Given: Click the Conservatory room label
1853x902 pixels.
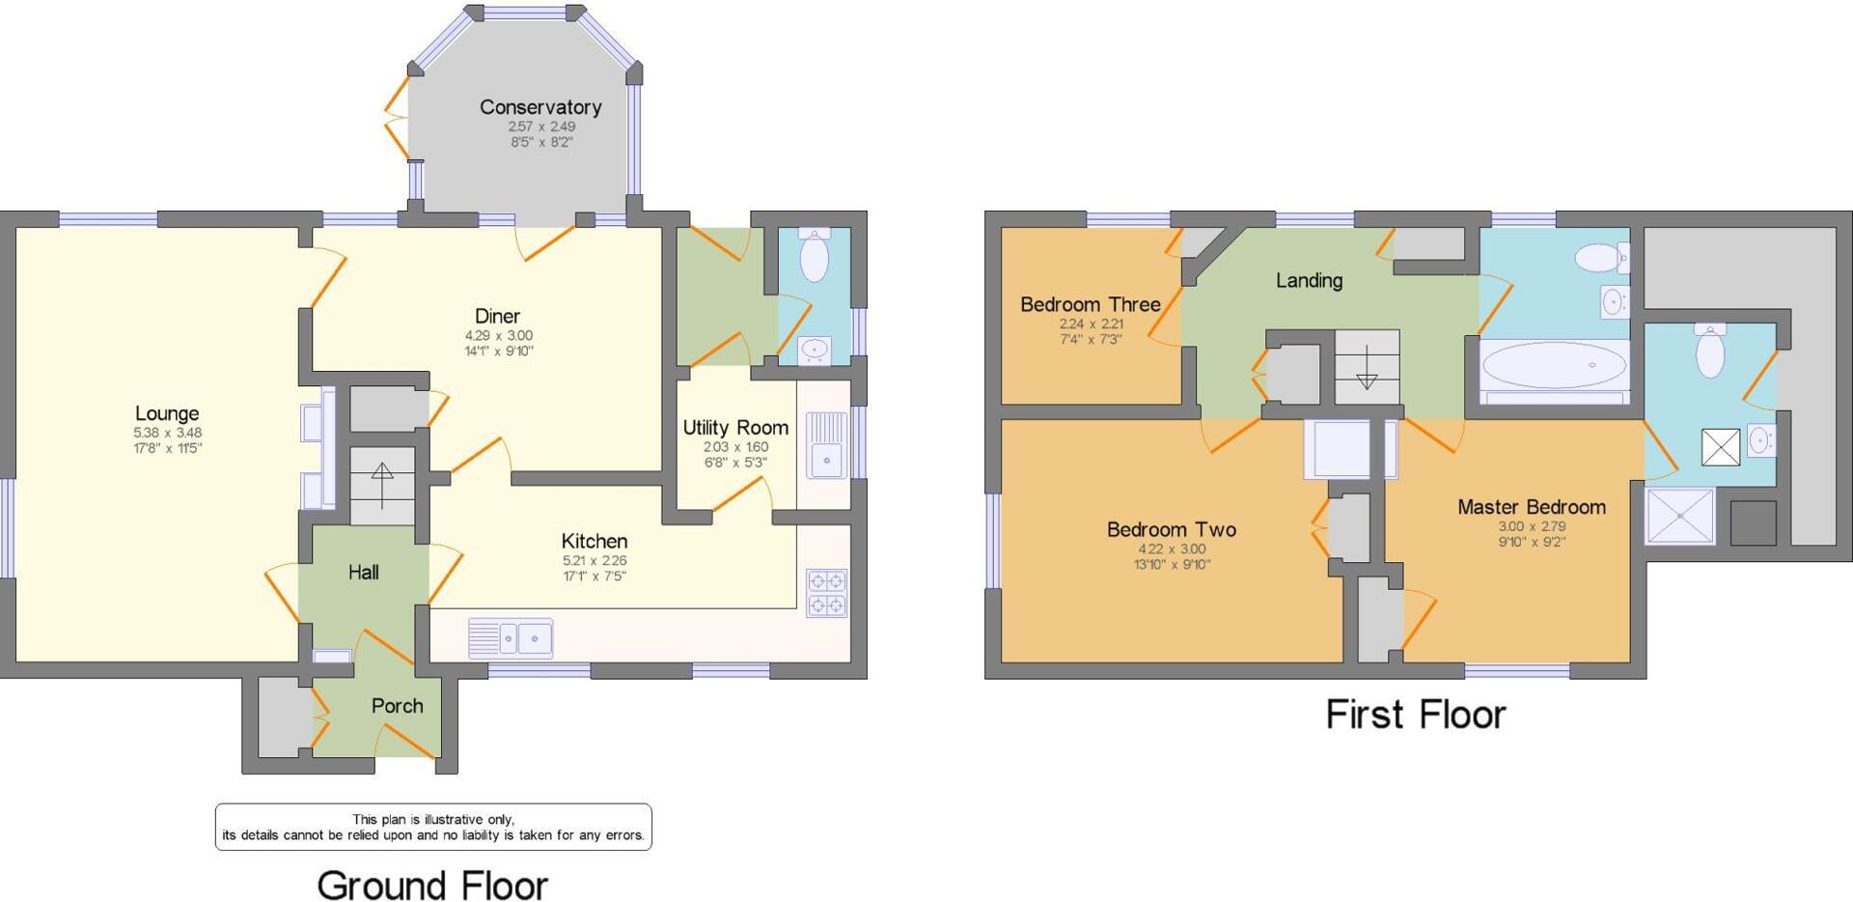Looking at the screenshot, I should point(540,107).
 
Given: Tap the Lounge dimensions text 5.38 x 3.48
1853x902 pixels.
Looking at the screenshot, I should point(168,433).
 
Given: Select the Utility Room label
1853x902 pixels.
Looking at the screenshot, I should point(735,427).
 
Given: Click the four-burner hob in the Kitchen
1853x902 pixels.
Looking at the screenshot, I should point(827,593).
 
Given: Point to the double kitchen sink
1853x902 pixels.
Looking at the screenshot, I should point(511,638).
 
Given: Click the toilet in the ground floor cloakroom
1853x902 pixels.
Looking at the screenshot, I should point(815,254).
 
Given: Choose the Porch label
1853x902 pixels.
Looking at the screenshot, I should point(397,706).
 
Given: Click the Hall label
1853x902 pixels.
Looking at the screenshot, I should point(363,573).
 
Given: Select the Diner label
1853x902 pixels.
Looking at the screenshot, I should point(497,316).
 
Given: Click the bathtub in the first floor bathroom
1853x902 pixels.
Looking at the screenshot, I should point(1553,366).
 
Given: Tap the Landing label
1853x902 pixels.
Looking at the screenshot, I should point(1309,280).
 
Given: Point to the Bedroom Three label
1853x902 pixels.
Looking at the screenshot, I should point(1091,304).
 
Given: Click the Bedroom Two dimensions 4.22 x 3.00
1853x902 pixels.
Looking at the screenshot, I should point(1171,549).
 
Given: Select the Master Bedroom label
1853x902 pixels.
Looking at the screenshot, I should point(1532,507).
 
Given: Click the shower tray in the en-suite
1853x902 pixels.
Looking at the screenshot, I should point(1680,516).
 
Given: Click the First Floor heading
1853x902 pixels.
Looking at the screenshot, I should point(1415,715).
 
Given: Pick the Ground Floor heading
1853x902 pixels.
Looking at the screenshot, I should point(432,885).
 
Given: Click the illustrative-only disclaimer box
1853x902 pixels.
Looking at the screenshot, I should point(433,827).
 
